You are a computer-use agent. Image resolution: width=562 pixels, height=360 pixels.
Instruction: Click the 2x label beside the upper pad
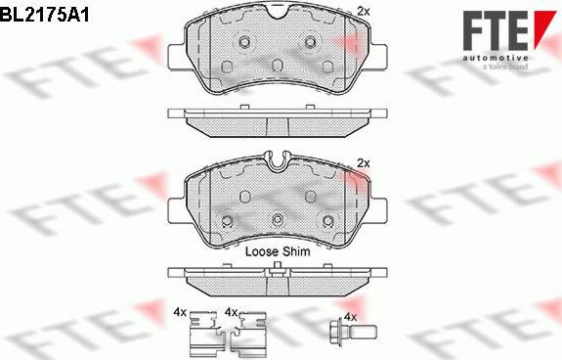point(364,11)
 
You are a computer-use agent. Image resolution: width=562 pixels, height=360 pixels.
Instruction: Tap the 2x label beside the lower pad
point(364,162)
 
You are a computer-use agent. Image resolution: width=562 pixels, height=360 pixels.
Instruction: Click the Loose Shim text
point(277,251)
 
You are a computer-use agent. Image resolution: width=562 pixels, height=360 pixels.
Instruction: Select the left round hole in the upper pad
point(240,42)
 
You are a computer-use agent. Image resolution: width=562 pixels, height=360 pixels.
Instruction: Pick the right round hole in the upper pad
point(312,42)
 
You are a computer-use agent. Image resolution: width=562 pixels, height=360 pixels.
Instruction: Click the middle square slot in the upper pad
point(277,66)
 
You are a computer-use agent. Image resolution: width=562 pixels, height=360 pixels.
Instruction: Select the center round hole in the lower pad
point(277,218)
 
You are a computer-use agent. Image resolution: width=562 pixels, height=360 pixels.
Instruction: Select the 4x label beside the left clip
point(179,312)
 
